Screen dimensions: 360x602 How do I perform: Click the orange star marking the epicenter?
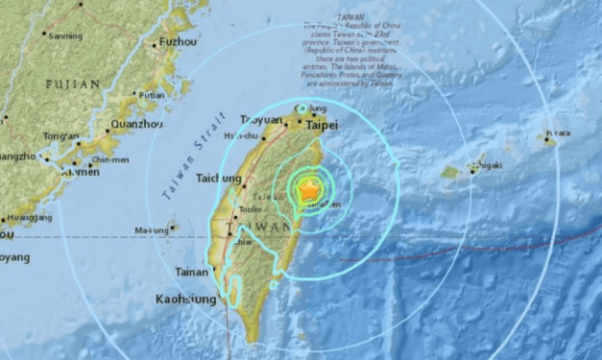click(x=308, y=191)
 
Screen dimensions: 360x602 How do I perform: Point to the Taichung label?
click(x=221, y=178)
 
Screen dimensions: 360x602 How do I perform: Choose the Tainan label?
click(x=192, y=272)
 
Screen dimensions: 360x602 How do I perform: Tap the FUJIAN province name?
click(x=72, y=84)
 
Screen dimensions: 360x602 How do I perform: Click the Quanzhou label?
click(x=136, y=124)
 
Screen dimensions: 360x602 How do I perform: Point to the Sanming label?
click(x=64, y=36)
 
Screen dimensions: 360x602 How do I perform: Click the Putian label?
click(x=151, y=95)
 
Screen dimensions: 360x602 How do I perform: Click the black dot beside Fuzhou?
click(x=154, y=44)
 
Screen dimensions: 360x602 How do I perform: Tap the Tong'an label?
click(x=60, y=135)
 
